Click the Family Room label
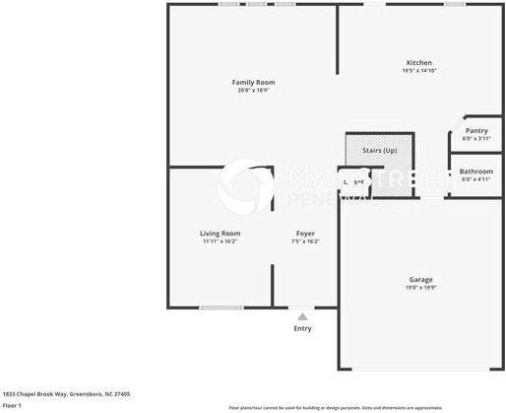[253, 82]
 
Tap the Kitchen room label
[419, 62]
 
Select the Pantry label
[476, 130]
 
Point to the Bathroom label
[476, 171]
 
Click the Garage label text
[420, 279]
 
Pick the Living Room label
[221, 233]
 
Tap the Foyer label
[305, 233]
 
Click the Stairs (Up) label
[379, 151]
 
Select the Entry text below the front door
[303, 328]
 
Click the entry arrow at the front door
[303, 316]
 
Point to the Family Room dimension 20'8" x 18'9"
[253, 90]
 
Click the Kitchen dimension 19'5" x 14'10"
[419, 70]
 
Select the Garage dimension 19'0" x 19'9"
[420, 287]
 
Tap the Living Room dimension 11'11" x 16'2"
[221, 241]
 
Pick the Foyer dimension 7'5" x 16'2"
[305, 241]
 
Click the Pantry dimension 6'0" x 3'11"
[476, 138]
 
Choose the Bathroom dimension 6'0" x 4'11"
[476, 178]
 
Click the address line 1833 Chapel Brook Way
[66, 393]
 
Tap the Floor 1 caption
[13, 405]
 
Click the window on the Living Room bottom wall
[221, 308]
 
